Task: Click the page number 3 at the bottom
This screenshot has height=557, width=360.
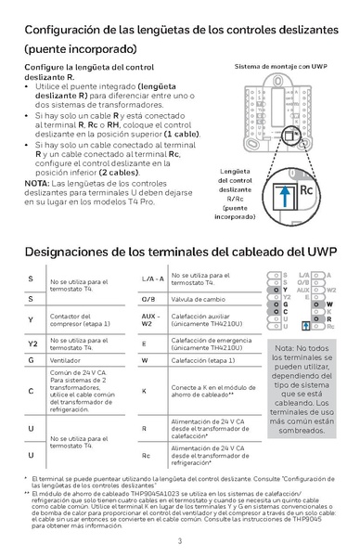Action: coord(180,541)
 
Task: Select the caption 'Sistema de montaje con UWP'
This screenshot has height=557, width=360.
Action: coord(281,68)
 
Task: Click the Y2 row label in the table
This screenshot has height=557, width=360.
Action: coord(32,342)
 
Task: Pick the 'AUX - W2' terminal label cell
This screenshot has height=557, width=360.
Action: coord(150,320)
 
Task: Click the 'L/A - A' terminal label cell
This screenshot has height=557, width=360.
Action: coord(152,278)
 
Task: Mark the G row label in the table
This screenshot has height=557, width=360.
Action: coord(32,359)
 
